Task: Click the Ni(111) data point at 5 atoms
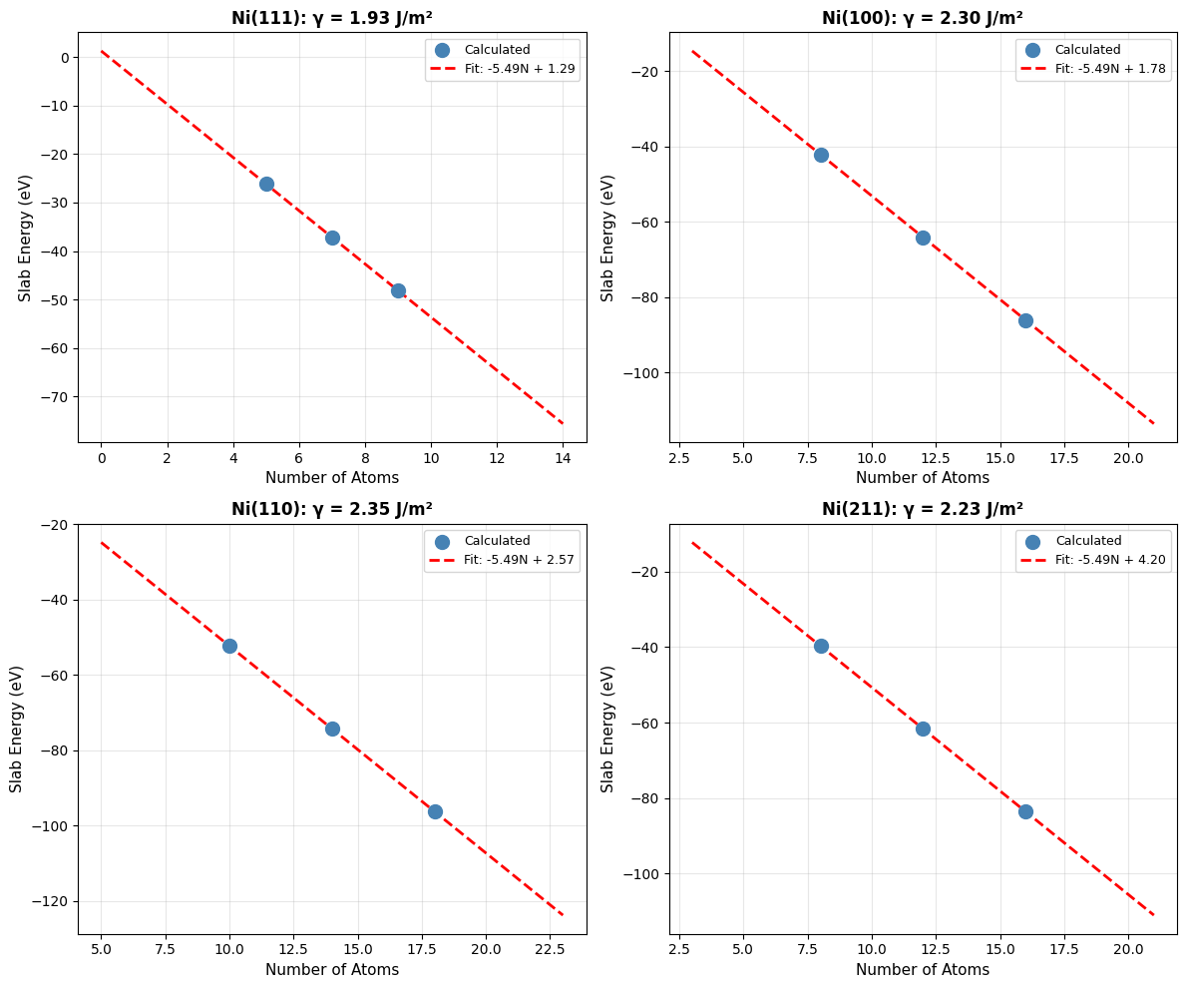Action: (266, 184)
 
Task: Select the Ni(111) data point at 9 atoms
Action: (398, 290)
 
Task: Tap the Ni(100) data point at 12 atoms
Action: (923, 238)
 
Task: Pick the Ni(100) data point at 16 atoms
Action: (1025, 320)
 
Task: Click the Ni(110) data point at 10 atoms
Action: (229, 646)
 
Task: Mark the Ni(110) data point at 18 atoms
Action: (435, 811)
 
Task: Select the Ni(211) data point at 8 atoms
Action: (821, 646)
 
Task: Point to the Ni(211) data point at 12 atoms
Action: (923, 729)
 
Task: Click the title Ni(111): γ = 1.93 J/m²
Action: (332, 18)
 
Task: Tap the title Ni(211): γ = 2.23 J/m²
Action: (923, 509)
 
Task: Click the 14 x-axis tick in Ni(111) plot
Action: (563, 458)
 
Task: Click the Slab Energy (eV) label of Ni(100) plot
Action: (608, 238)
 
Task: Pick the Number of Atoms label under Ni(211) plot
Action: (923, 970)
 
